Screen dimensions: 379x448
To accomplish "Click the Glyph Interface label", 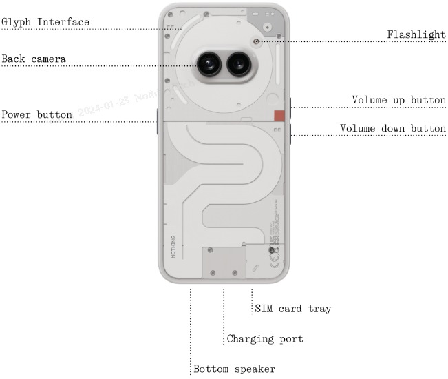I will (45, 22).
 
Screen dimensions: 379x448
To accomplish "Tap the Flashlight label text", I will (416, 34).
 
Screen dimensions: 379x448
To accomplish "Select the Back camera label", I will (34, 59).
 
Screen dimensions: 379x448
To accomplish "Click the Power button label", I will (36, 114).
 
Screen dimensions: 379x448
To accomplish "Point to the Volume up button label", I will (398, 100).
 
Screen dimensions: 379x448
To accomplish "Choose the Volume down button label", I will (393, 129).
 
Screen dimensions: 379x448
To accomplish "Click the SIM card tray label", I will (293, 309).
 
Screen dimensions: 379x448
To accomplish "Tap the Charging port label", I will (265, 339).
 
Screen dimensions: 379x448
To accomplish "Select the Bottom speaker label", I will (235, 369).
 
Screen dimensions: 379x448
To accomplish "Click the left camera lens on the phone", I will (208, 65).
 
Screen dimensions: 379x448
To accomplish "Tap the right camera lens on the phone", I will (238, 65).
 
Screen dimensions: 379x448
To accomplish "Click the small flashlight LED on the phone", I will (256, 41).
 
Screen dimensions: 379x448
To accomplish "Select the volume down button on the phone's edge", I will (292, 134).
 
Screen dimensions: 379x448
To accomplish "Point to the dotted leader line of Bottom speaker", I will (190, 324).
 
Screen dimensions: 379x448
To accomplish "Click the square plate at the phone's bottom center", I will (223, 261).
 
